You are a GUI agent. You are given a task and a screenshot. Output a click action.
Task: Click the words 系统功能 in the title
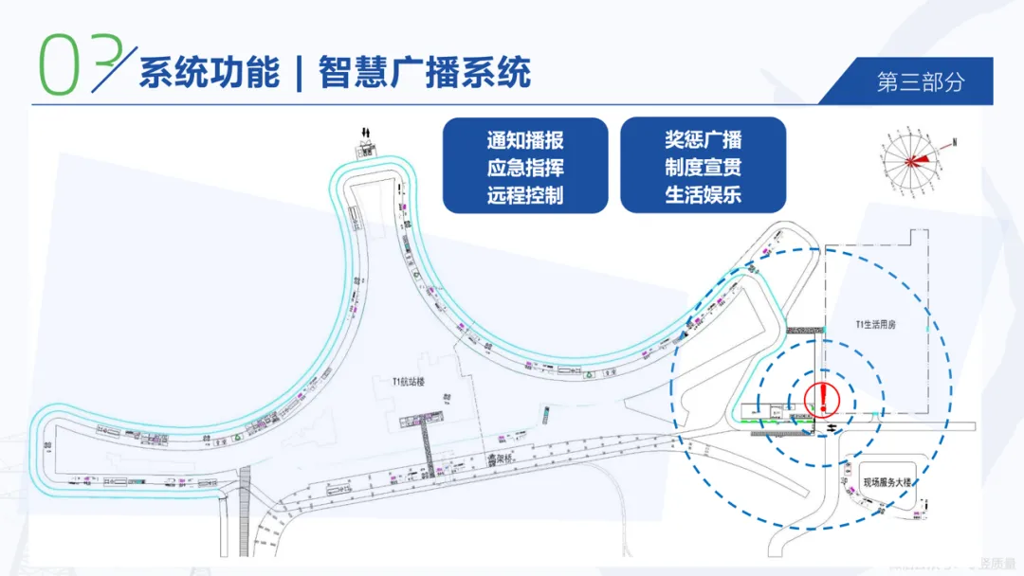coord(210,72)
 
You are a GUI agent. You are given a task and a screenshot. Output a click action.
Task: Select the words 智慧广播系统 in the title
coord(424,72)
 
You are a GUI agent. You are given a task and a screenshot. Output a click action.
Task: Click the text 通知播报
coord(525,141)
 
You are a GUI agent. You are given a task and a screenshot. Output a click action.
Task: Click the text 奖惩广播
coord(703,140)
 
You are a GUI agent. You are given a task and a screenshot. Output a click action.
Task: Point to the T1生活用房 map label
coord(875,324)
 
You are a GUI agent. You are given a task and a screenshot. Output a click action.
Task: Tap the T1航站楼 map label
coord(409,382)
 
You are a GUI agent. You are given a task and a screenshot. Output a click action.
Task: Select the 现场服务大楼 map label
coord(887,482)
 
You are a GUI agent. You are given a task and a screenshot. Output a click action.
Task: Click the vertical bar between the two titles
coord(299,73)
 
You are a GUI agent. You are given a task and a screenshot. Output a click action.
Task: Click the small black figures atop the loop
coord(366,131)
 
